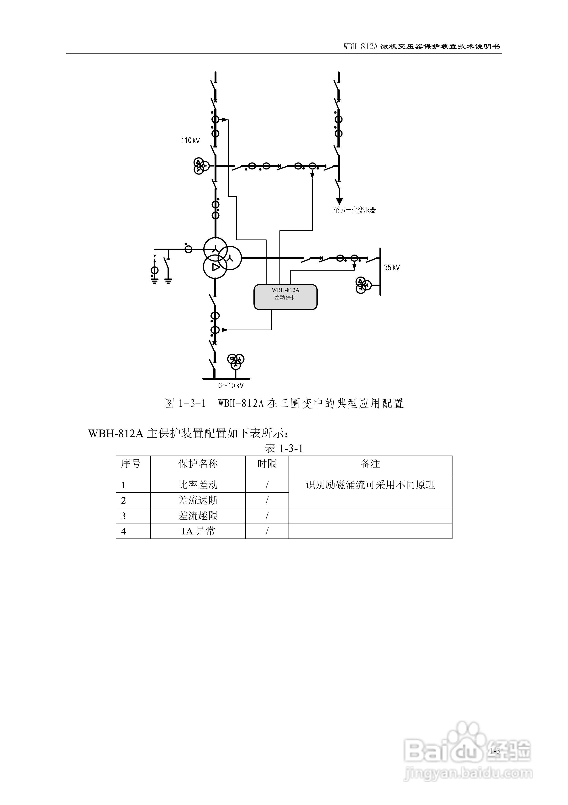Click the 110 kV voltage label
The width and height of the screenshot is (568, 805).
[190, 141]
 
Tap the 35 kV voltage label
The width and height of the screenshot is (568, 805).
[392, 267]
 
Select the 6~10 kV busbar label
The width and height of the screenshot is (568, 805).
[231, 386]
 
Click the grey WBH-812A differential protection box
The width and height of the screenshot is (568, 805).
[285, 297]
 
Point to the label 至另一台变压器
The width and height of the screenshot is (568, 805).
[354, 210]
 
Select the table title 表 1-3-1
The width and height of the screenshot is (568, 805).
[284, 448]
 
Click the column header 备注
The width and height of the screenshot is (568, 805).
[370, 464]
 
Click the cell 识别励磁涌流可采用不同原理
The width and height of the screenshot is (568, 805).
[370, 485]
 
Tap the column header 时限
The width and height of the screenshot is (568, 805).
[267, 464]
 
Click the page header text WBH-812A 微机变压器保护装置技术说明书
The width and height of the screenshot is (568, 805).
[422, 46]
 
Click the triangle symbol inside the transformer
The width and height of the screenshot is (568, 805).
[216, 267]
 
